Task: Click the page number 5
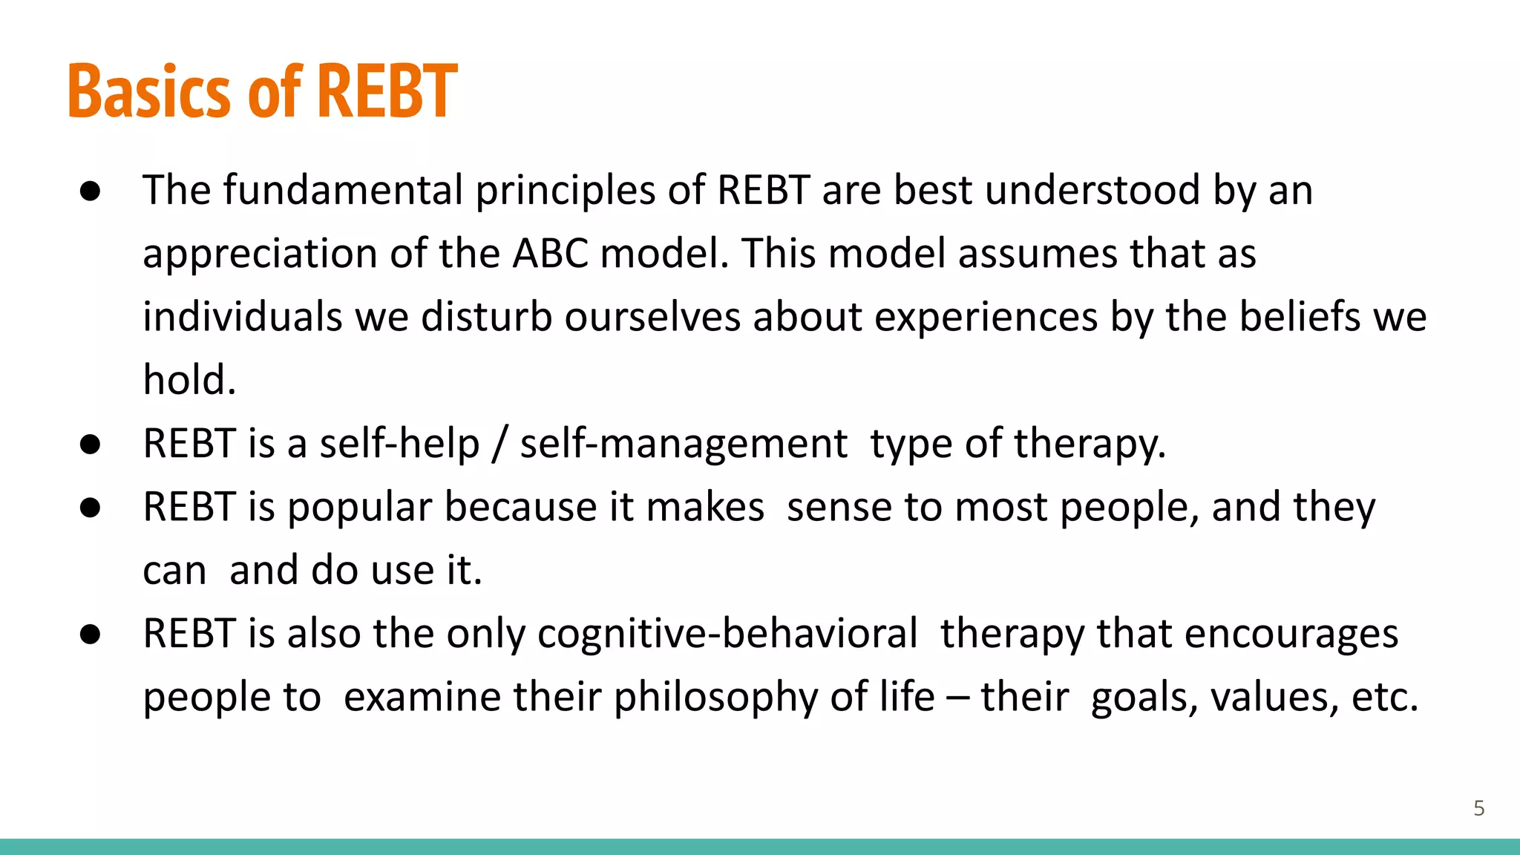[x=1478, y=808]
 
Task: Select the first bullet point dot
[x=91, y=191]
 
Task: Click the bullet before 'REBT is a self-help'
[x=91, y=445]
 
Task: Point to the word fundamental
[x=343, y=190]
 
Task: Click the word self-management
[x=683, y=444]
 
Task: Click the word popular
[x=359, y=508]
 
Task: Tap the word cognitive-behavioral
[x=727, y=634]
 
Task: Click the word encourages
[x=1291, y=635]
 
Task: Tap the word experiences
[x=986, y=318]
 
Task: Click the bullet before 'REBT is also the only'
[x=91, y=635]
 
